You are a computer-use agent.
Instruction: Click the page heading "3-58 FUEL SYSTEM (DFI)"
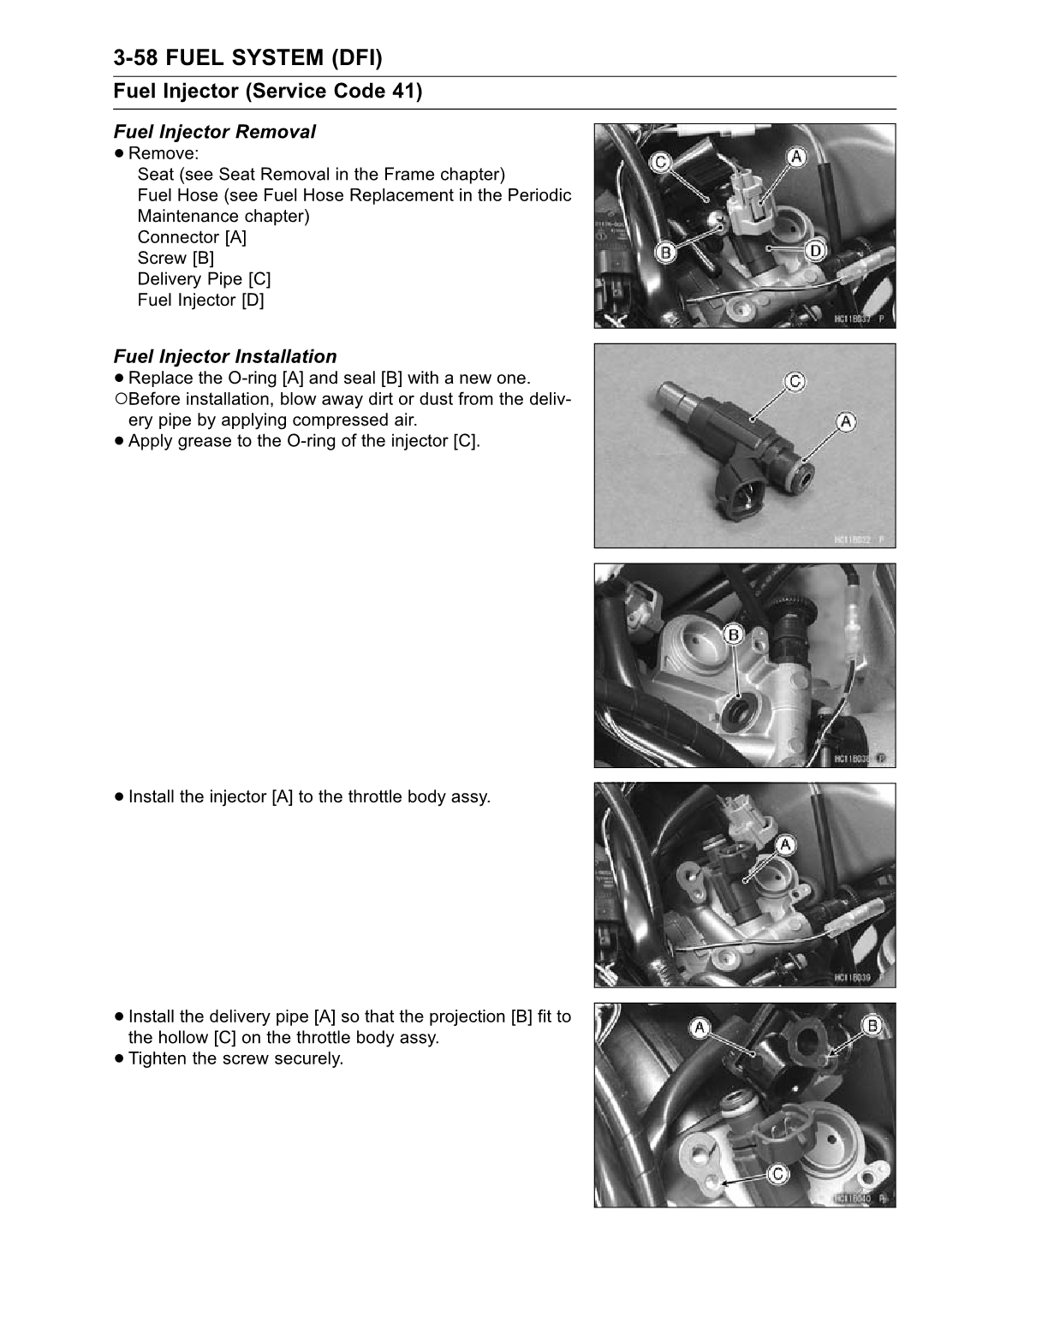(x=247, y=58)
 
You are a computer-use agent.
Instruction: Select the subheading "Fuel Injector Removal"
(x=214, y=132)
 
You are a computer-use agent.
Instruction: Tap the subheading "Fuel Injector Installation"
(x=224, y=356)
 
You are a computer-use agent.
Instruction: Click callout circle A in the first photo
(x=796, y=157)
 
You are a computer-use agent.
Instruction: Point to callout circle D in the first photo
(x=815, y=250)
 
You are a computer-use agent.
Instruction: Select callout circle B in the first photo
(x=665, y=252)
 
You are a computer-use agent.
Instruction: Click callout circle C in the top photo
(x=660, y=162)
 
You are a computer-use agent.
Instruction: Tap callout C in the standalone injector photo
(x=795, y=381)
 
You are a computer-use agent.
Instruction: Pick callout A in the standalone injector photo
(x=845, y=421)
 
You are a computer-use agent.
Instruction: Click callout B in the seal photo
(x=734, y=635)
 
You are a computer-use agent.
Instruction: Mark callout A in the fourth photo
(x=784, y=846)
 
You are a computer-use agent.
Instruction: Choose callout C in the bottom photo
(x=777, y=1175)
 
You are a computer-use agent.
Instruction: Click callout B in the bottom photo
(x=873, y=1026)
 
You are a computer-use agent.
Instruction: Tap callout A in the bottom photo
(x=700, y=1027)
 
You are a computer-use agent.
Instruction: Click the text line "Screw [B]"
(x=176, y=258)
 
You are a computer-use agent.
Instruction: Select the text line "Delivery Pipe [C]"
(x=204, y=279)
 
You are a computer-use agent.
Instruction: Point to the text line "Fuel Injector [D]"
(x=200, y=300)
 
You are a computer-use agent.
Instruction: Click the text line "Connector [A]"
(x=192, y=237)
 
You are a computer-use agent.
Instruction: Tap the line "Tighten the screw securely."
(x=235, y=1058)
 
